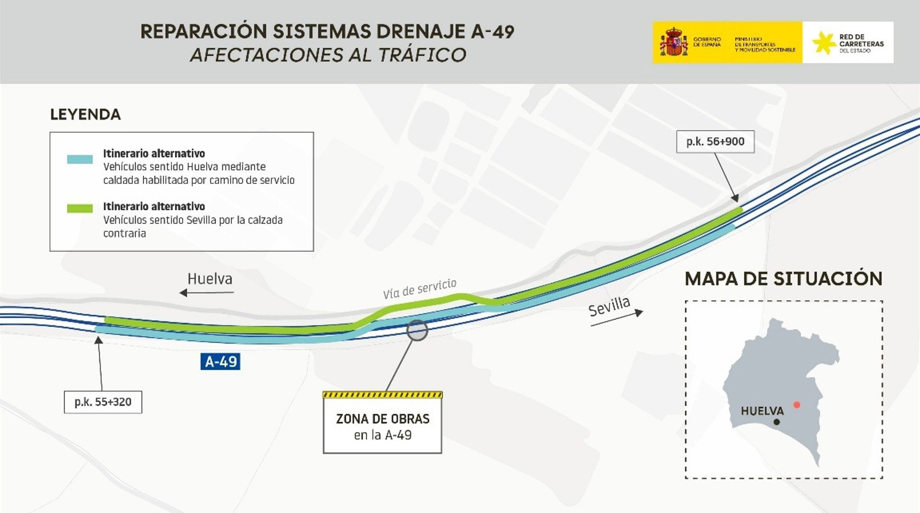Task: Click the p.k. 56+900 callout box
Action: [x=715, y=142]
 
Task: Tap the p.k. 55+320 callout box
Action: [x=103, y=402]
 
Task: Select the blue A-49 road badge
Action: [x=220, y=361]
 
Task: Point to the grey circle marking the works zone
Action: [x=417, y=331]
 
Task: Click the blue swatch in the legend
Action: [x=80, y=160]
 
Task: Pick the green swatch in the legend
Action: [x=80, y=208]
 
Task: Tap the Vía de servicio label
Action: [x=419, y=288]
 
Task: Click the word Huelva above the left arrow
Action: [x=210, y=279]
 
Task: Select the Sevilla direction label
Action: [x=609, y=307]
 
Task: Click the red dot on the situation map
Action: [x=796, y=405]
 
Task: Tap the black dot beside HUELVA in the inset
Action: [x=777, y=422]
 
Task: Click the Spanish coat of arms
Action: [x=674, y=42]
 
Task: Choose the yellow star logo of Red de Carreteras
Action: [x=824, y=43]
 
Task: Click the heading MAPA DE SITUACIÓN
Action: [x=783, y=279]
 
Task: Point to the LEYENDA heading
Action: [x=85, y=114]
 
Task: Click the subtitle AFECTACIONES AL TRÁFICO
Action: [x=328, y=55]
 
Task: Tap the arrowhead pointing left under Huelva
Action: [x=183, y=293]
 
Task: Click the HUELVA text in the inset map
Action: [x=762, y=411]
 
